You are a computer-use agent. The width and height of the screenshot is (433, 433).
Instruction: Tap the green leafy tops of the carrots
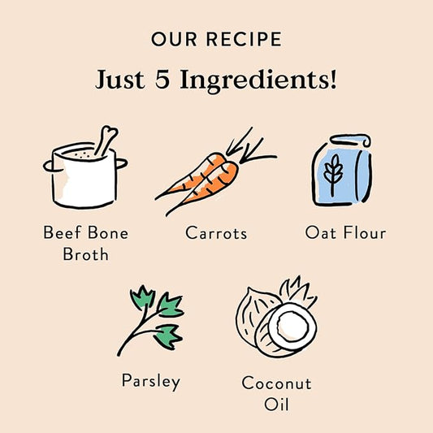[x=252, y=146]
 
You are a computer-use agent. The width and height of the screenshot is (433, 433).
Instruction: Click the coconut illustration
[x=276, y=316]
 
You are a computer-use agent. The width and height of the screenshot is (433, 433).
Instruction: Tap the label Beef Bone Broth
[x=85, y=243]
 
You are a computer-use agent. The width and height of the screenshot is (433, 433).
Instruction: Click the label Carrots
[x=216, y=234]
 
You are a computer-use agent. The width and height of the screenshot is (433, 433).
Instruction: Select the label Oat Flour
[x=345, y=234]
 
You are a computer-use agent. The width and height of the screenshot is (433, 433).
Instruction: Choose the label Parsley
[x=150, y=380]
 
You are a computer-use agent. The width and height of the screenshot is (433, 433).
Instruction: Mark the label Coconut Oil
[x=276, y=392]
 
